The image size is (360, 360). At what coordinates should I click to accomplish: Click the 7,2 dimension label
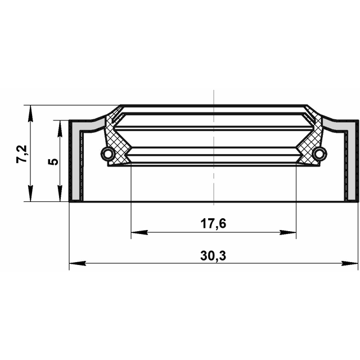point(22,154)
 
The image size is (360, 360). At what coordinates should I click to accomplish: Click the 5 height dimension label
point(53,161)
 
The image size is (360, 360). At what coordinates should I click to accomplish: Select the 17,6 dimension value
point(213,224)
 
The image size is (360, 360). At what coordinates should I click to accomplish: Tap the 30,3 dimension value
point(213,256)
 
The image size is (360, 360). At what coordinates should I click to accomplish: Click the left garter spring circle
point(107,154)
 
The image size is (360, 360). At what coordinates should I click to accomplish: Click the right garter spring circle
point(319,154)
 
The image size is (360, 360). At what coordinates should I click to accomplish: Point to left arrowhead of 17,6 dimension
point(139,232)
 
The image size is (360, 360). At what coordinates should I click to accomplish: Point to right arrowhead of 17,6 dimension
point(288,232)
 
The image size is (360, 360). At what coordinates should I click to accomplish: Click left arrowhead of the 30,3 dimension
point(78,263)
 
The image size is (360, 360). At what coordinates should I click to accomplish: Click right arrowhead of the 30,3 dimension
point(350,263)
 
